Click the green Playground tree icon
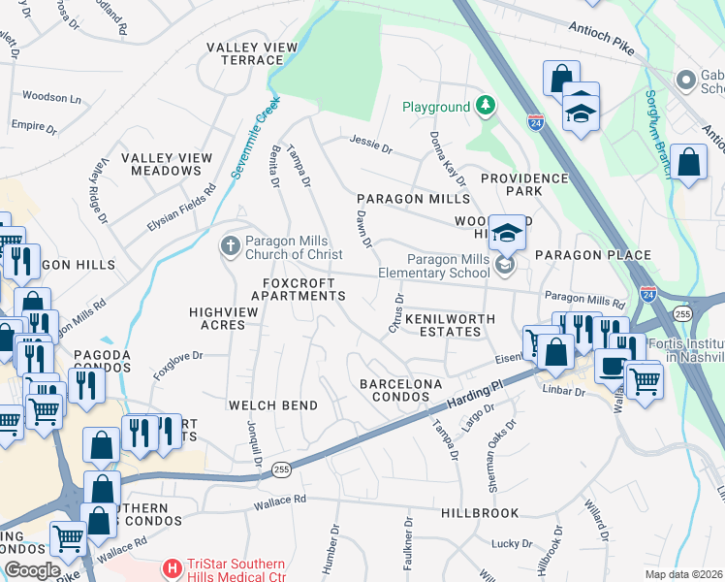point(486,106)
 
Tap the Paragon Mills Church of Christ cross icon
point(230,245)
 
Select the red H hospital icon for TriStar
point(172,566)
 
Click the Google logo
point(32,570)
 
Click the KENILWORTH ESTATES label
point(443,325)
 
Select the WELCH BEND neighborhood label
point(266,404)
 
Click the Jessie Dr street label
point(371,149)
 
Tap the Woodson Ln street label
point(51,98)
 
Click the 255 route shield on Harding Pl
point(280,469)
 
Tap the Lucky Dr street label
point(507,544)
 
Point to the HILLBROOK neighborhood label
point(479,512)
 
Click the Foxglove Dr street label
point(177,364)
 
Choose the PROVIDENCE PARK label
point(524,185)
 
